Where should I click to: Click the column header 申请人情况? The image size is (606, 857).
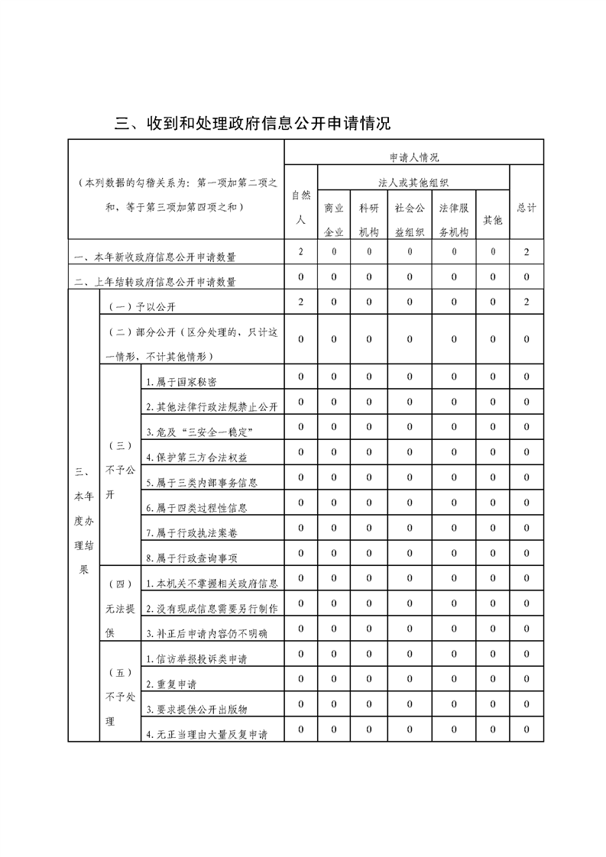tap(413, 157)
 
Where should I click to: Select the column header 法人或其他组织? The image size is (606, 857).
tap(413, 183)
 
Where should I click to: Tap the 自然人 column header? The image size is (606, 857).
tap(301, 206)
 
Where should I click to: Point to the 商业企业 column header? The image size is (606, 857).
tap(334, 220)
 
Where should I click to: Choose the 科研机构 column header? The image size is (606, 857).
tap(369, 220)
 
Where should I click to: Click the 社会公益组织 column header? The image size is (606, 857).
tap(410, 220)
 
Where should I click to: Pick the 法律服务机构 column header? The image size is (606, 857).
tap(454, 220)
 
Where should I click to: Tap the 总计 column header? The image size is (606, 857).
tap(527, 207)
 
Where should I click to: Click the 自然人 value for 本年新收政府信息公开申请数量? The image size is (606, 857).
tap(301, 251)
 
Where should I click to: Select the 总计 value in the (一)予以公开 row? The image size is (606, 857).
tap(527, 302)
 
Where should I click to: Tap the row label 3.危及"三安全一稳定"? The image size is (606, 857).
tap(199, 432)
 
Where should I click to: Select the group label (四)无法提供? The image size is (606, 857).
tap(121, 608)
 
